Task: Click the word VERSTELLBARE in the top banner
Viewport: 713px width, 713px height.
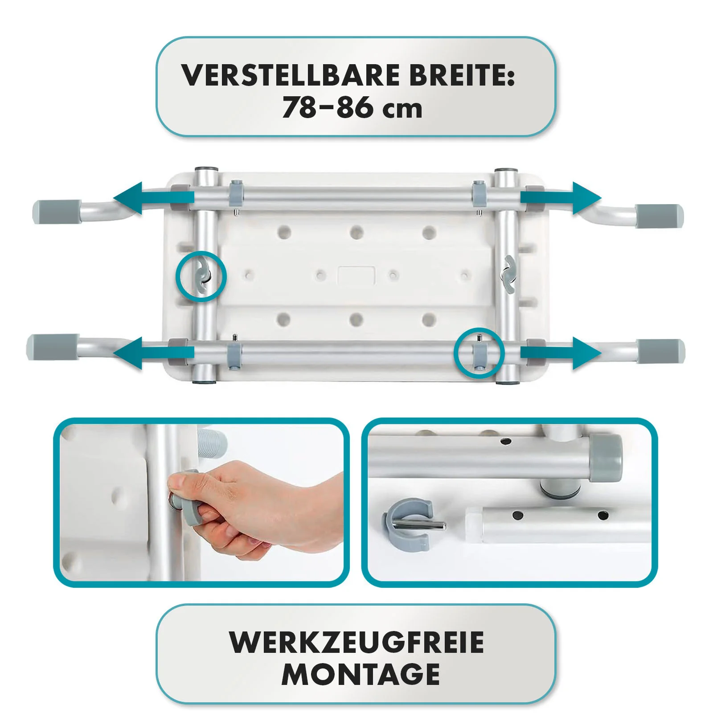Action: (291, 75)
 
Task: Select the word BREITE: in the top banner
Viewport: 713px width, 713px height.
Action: (463, 75)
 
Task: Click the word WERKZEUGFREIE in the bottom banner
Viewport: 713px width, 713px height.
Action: (356, 642)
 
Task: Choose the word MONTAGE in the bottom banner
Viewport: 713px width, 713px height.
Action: (361, 674)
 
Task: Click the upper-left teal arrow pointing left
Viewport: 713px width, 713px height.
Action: (154, 198)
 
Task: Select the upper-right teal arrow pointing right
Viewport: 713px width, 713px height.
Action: (561, 198)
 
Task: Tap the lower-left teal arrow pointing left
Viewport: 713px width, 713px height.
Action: (154, 353)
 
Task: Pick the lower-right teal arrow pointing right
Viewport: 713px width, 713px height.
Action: (561, 353)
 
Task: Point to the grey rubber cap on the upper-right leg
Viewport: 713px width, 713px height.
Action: (659, 216)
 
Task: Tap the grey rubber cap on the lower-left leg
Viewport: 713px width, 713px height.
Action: (52, 347)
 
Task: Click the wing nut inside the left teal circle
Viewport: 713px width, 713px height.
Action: (201, 276)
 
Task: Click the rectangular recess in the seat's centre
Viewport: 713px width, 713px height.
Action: (356, 276)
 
